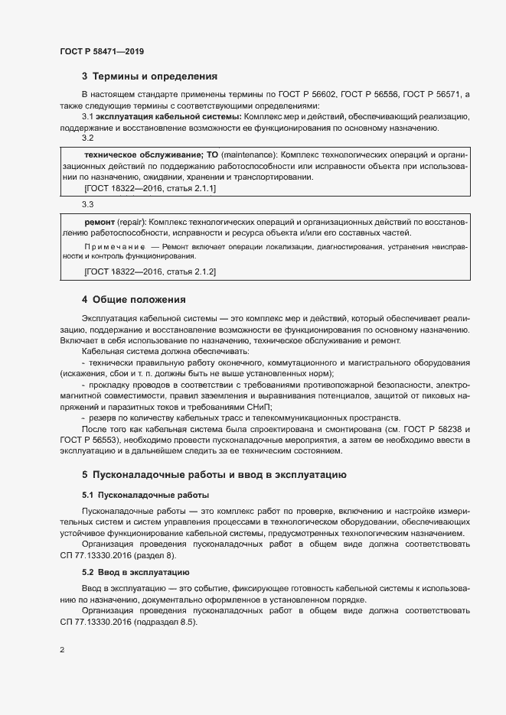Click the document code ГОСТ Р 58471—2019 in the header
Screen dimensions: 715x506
[x=101, y=51]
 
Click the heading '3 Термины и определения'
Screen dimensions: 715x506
[x=149, y=76]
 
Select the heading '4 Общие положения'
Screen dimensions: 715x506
[x=133, y=299]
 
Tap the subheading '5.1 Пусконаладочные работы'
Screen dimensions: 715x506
[x=145, y=495]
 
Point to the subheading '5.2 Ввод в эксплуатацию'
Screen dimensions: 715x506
[x=136, y=572]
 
